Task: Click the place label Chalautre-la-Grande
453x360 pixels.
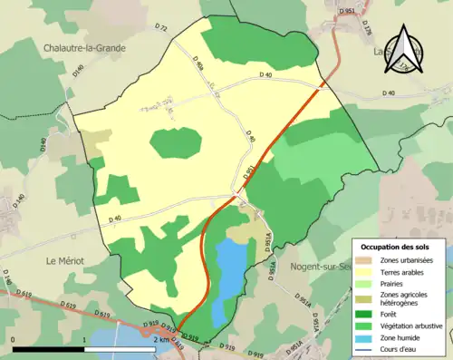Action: coord(82,47)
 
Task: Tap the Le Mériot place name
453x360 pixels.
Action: coord(64,260)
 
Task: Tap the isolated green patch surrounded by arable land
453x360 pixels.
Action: coord(176,142)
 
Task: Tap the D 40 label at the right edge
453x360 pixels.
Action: coord(389,93)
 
